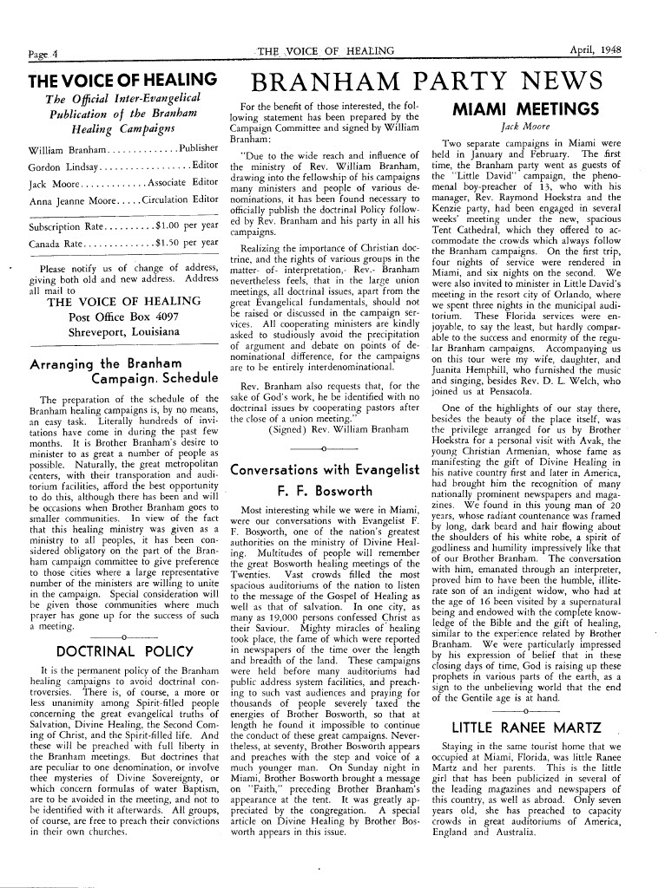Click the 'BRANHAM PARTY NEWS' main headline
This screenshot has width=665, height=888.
425,82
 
